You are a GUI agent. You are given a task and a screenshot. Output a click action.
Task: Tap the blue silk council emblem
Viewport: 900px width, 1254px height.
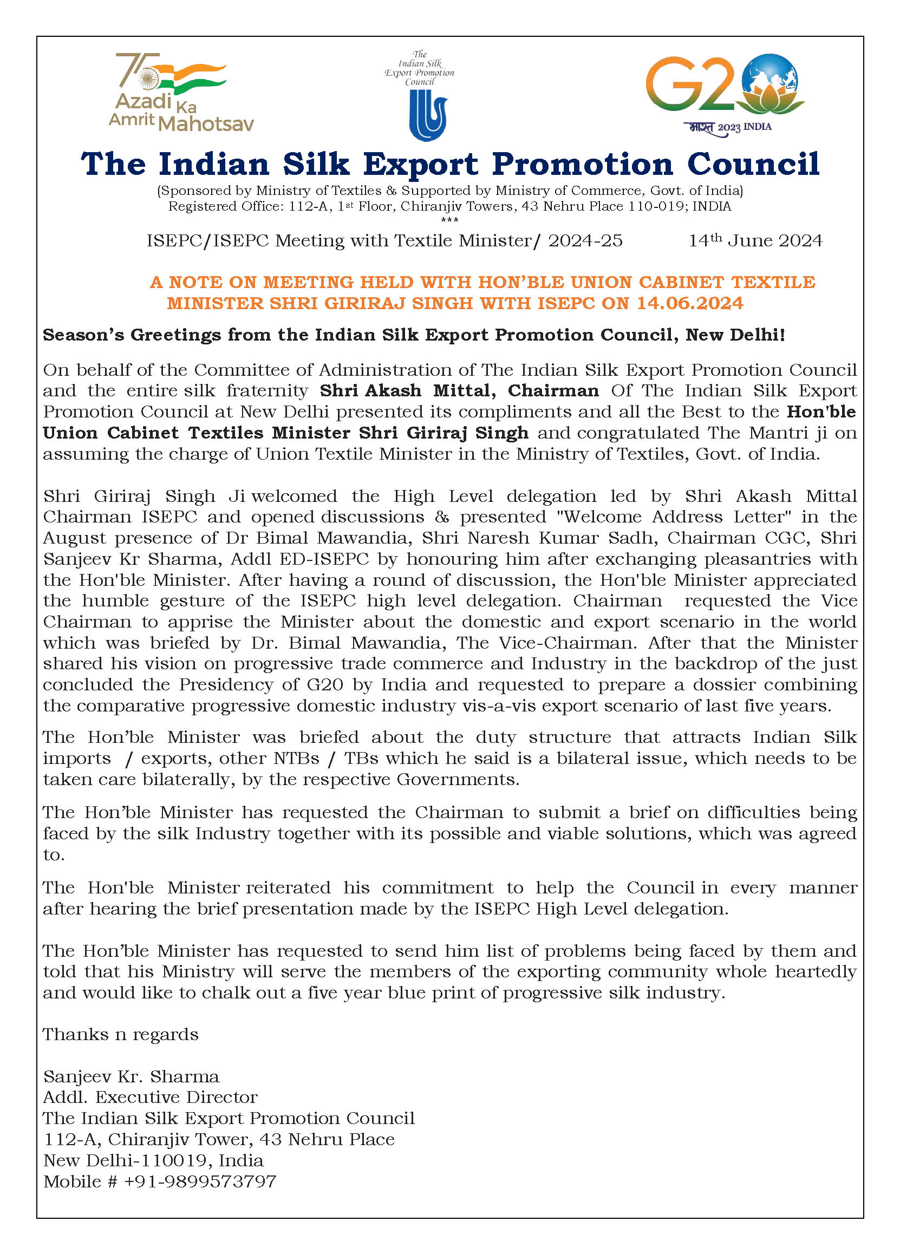coord(427,115)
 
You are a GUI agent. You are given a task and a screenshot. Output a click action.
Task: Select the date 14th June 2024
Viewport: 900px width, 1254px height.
coord(755,240)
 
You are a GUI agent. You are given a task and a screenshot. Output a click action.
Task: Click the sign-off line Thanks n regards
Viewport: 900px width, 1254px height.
coord(121,1034)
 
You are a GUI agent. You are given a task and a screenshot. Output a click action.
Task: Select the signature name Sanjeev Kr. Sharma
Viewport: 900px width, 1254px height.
coord(131,1076)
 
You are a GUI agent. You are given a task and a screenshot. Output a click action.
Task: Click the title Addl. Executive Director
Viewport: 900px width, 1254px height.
coord(150,1097)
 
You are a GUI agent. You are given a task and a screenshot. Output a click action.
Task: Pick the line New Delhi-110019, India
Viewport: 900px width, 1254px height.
coord(153,1160)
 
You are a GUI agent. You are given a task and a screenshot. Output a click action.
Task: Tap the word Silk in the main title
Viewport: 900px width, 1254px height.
coord(316,164)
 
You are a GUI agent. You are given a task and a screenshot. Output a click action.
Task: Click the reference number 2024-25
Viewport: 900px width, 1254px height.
coord(585,240)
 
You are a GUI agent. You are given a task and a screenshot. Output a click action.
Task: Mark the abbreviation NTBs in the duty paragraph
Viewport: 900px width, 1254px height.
coord(296,758)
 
